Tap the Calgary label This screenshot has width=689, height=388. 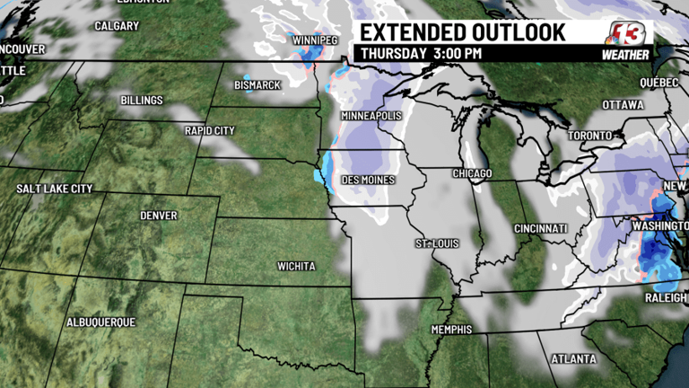(x=117, y=26)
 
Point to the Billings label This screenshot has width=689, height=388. (x=142, y=100)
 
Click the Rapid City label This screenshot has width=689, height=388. (x=209, y=130)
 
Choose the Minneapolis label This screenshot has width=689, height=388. (x=371, y=117)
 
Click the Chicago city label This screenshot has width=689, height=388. (x=473, y=172)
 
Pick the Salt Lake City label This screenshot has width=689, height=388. (x=55, y=189)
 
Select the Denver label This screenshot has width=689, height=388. (x=159, y=216)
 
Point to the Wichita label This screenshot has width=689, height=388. (x=296, y=267)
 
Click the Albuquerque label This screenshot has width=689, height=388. (x=100, y=322)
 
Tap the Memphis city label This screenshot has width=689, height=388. (x=451, y=330)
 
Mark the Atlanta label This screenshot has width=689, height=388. (x=573, y=359)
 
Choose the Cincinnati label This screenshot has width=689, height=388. (x=541, y=229)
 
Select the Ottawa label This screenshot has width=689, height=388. (x=623, y=105)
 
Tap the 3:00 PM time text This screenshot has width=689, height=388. (x=458, y=53)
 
